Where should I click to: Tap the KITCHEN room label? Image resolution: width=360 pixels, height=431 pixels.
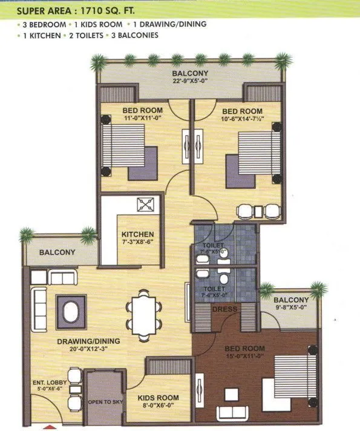pos(137,235)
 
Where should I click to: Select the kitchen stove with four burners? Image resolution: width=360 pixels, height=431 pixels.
pos(146,205)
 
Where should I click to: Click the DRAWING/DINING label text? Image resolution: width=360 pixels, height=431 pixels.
pos(88,341)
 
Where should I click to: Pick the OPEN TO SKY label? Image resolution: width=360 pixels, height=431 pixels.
pos(102,401)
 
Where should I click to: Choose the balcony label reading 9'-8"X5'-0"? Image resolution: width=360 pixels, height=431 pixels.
pos(291,308)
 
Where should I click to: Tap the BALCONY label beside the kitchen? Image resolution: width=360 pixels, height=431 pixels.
pos(57,252)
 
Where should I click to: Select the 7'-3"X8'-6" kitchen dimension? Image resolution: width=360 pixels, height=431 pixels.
pos(137,243)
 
